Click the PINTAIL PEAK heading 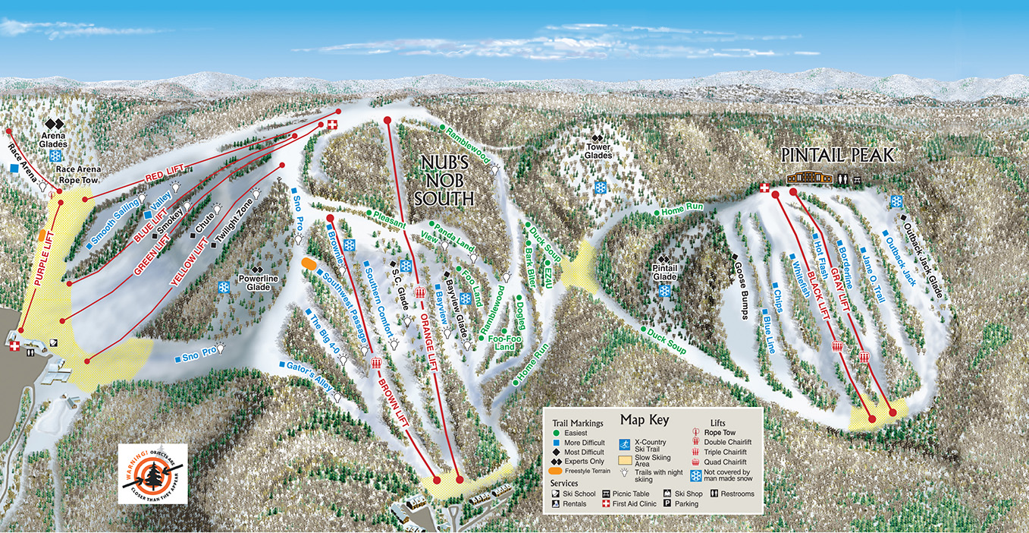pyautogui.click(x=838, y=156)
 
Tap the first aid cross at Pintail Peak pyautogui.click(x=764, y=188)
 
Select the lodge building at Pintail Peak pyautogui.click(x=809, y=178)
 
